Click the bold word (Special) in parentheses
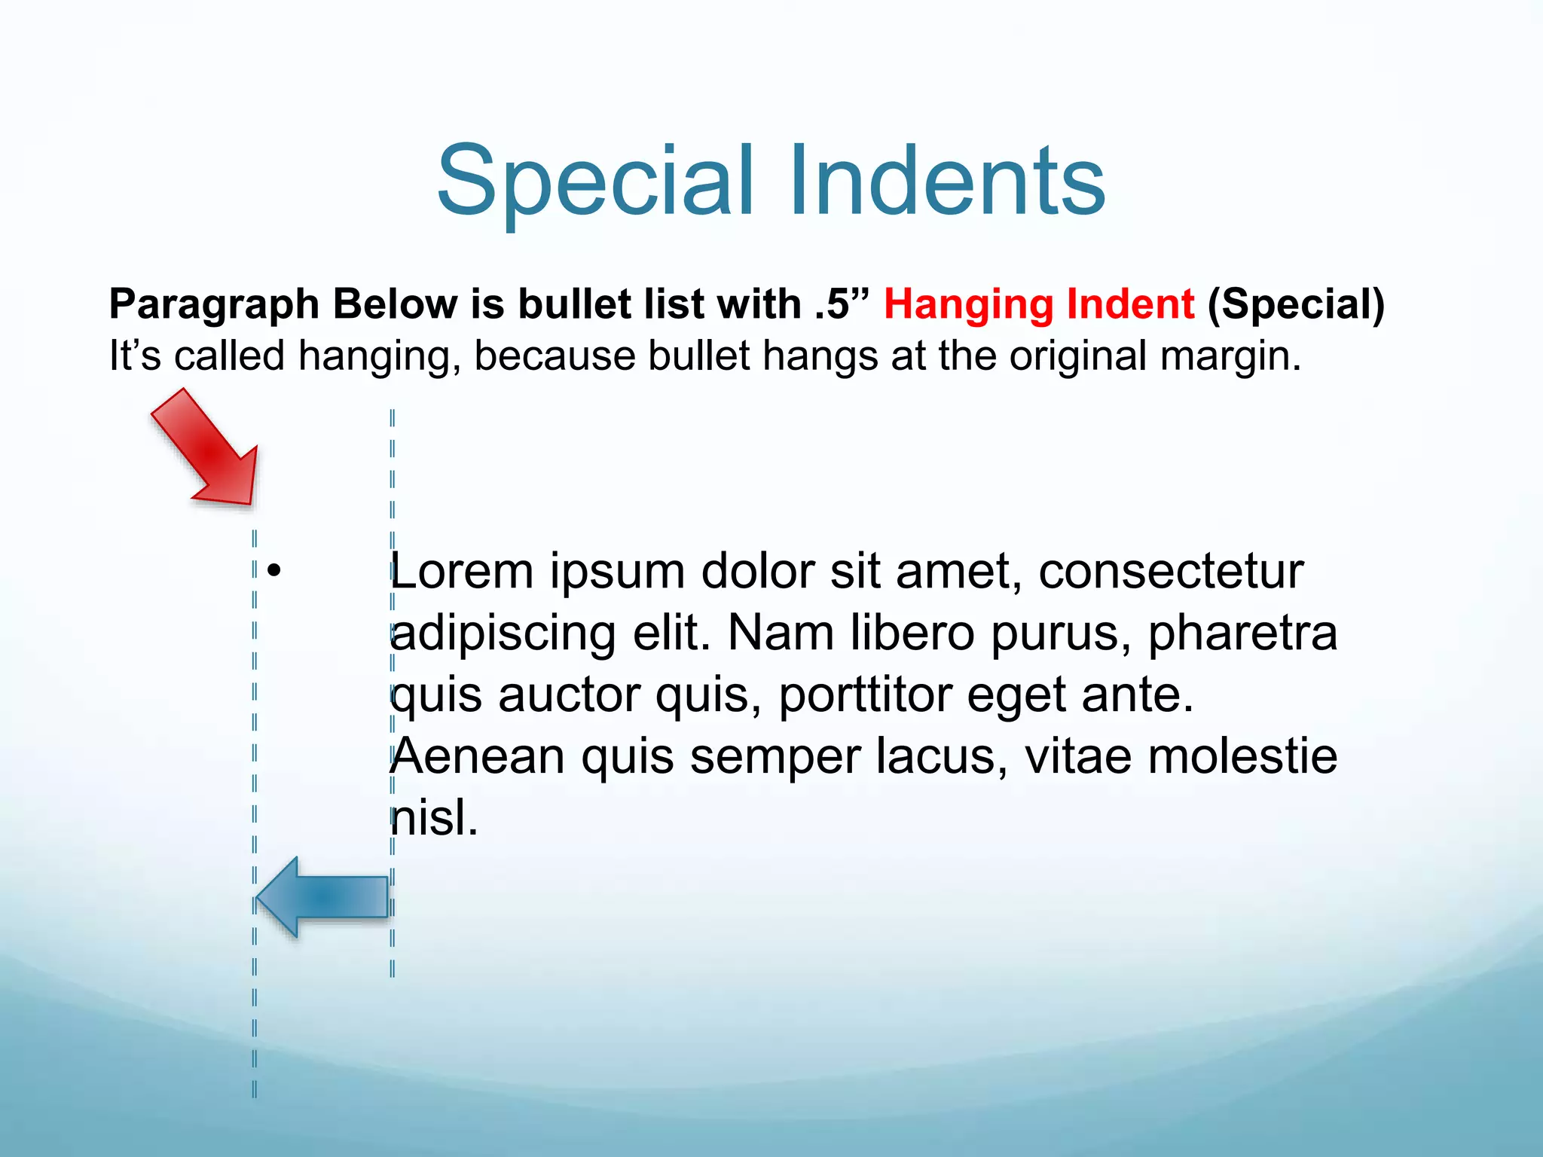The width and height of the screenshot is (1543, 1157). click(x=1296, y=305)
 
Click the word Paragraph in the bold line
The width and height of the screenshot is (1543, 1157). click(x=215, y=305)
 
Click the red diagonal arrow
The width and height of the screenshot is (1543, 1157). click(x=207, y=450)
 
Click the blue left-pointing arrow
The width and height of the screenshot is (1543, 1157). click(x=322, y=897)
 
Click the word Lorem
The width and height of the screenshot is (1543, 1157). click(x=461, y=571)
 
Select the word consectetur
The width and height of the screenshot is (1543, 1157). click(x=1171, y=571)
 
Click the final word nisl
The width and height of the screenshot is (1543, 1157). click(x=435, y=818)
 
